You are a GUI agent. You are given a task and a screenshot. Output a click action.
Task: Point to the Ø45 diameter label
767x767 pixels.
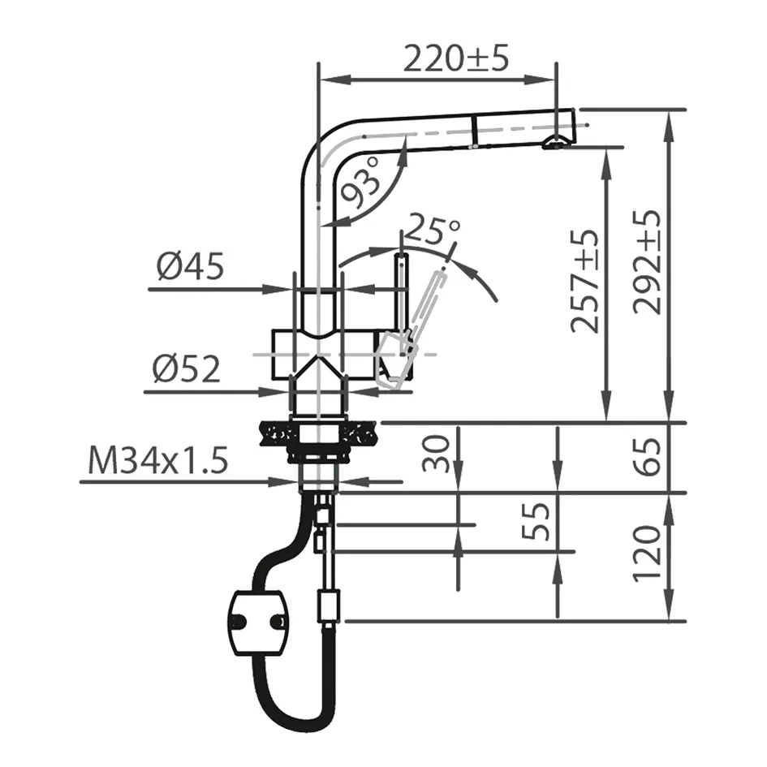click(190, 267)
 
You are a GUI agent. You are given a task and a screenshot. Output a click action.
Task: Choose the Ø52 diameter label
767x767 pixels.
click(186, 370)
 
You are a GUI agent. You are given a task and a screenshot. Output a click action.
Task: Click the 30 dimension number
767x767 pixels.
click(437, 453)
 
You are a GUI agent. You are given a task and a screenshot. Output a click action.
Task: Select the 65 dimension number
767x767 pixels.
click(649, 456)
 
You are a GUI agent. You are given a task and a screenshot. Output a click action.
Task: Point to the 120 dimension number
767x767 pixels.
click(649, 554)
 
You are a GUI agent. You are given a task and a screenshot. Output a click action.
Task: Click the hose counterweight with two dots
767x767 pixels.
click(257, 622)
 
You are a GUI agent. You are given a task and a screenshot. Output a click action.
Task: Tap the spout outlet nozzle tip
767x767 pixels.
click(554, 144)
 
